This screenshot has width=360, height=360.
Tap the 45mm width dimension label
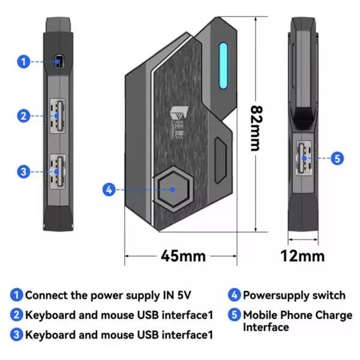pyautogui.click(x=183, y=256)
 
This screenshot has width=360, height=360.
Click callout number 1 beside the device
pyautogui.click(x=23, y=61)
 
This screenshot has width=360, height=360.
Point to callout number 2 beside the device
pyautogui.click(x=23, y=116)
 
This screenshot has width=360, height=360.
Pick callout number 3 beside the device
pyautogui.click(x=23, y=172)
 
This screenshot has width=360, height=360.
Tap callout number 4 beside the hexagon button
pyautogui.click(x=109, y=190)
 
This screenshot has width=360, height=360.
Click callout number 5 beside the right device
pyautogui.click(x=337, y=159)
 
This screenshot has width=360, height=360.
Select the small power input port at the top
pyautogui.click(x=59, y=61)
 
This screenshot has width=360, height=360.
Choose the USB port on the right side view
pyautogui.click(x=303, y=158)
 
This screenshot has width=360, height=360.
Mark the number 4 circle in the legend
pyautogui.click(x=234, y=295)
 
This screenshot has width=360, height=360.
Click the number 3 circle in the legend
pyautogui.click(x=16, y=334)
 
